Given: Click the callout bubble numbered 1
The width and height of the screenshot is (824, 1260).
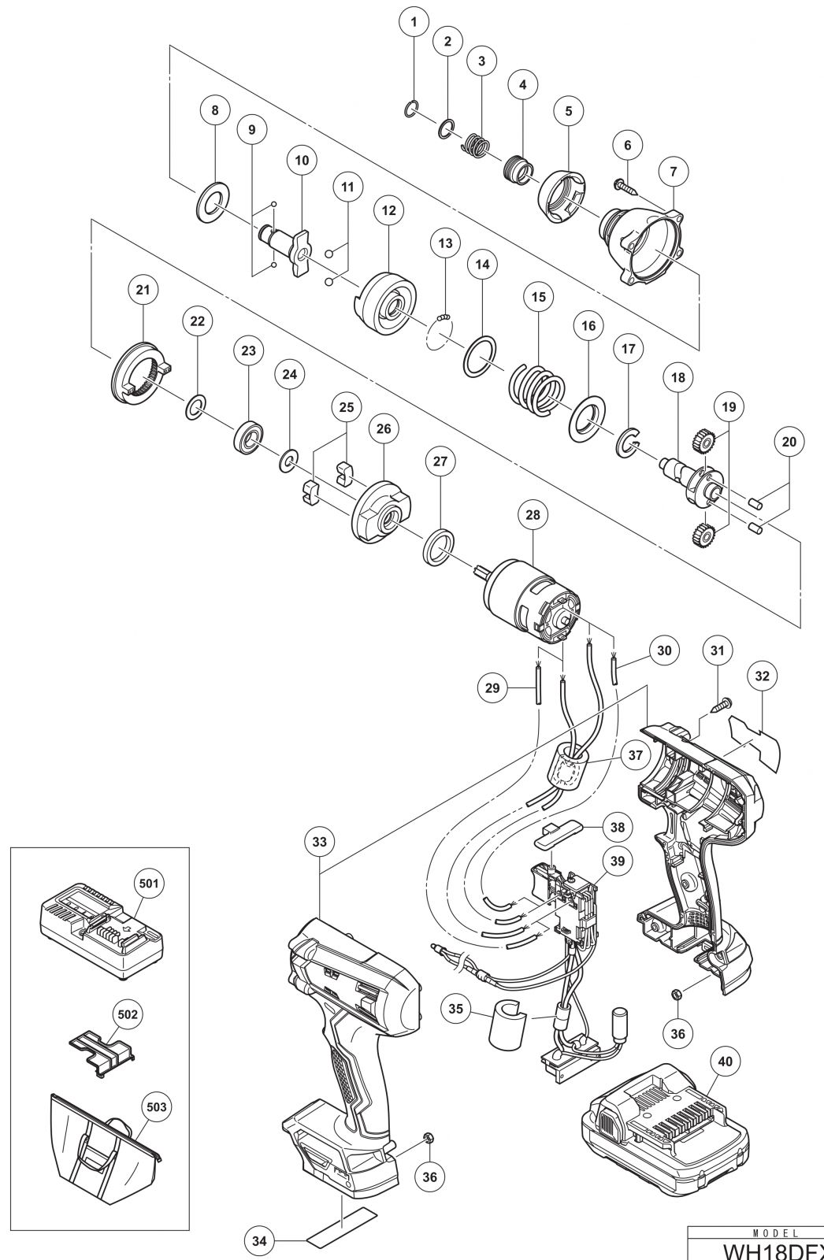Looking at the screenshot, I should click(x=414, y=24).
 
